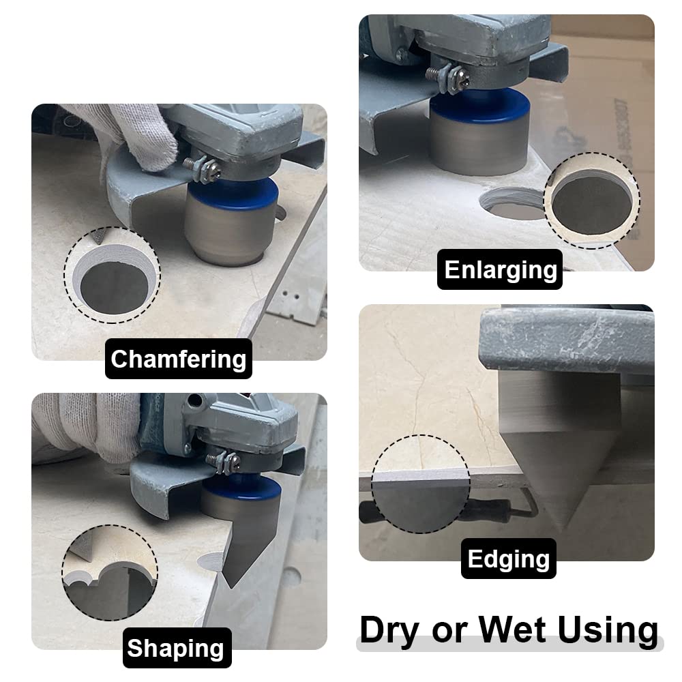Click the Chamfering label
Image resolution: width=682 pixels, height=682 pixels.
(178, 359)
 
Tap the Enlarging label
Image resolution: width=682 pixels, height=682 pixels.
(500, 269)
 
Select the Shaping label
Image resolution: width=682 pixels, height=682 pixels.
(175, 648)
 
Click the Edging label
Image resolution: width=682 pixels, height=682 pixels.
(508, 559)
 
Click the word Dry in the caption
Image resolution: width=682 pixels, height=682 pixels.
(389, 630)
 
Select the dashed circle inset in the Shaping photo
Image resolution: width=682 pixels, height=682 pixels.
(110, 572)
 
